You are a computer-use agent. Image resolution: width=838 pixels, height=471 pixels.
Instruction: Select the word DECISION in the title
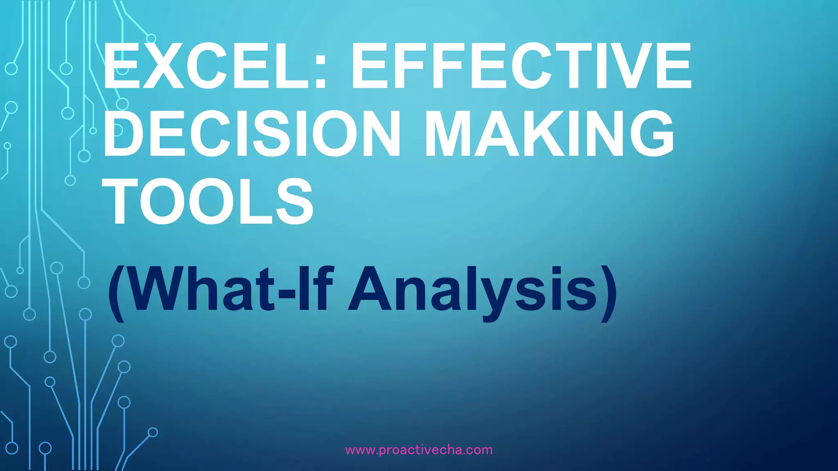coord(251,133)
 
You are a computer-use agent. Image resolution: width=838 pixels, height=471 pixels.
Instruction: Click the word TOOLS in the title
coord(209,201)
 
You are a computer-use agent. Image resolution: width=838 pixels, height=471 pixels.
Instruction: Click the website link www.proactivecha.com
coord(419,450)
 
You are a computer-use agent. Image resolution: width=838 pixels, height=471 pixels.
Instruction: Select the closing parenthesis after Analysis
coord(608,293)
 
